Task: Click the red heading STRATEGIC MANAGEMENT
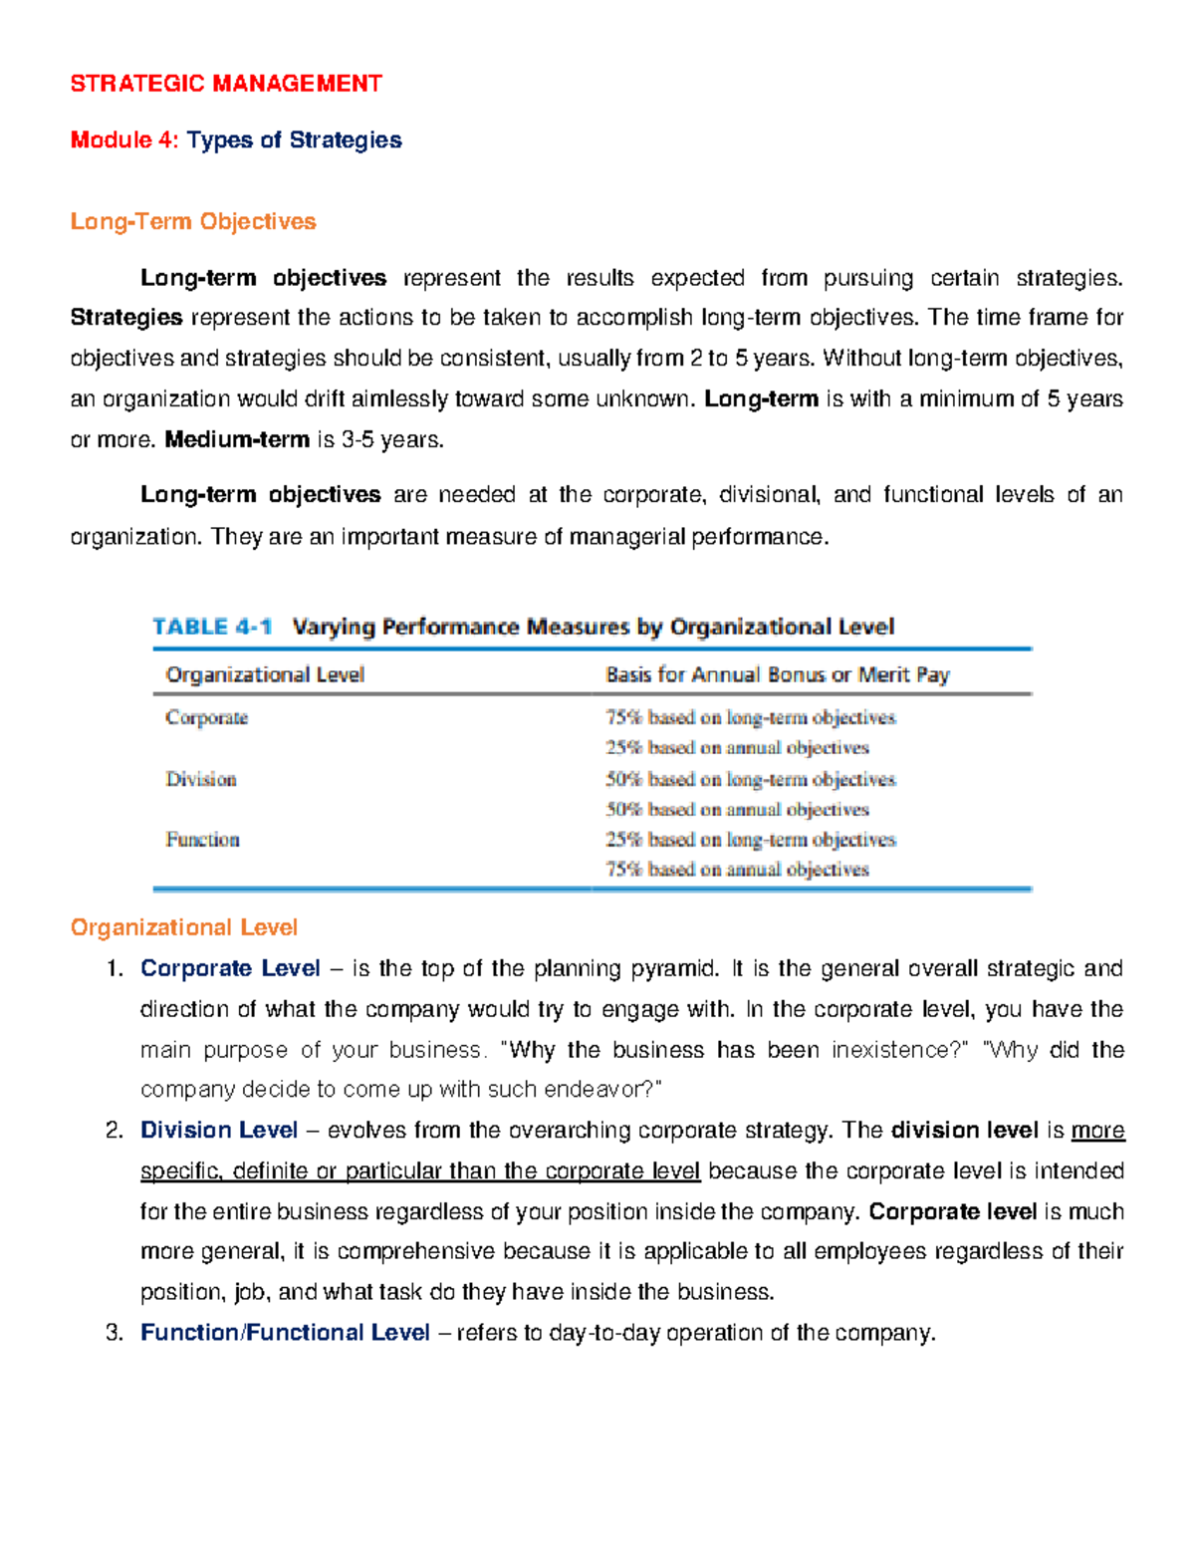pyautogui.click(x=226, y=84)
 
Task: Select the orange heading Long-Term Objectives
pyautogui.click(x=193, y=221)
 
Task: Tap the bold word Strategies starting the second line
pyautogui.click(x=126, y=318)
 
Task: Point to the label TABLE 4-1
pyautogui.click(x=212, y=627)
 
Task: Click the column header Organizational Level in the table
pyautogui.click(x=265, y=674)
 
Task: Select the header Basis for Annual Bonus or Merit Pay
pyautogui.click(x=777, y=674)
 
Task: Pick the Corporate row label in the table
pyautogui.click(x=206, y=717)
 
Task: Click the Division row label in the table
pyautogui.click(x=200, y=779)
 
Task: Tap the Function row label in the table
pyautogui.click(x=202, y=840)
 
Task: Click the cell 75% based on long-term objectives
pyautogui.click(x=750, y=717)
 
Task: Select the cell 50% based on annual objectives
pyautogui.click(x=737, y=810)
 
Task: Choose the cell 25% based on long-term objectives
pyautogui.click(x=750, y=840)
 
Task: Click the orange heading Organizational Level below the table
pyautogui.click(x=184, y=927)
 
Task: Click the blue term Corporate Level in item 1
pyautogui.click(x=230, y=968)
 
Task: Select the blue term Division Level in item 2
pyautogui.click(x=219, y=1130)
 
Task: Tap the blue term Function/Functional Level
pyautogui.click(x=285, y=1333)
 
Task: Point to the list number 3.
pyautogui.click(x=114, y=1333)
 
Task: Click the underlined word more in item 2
pyautogui.click(x=1097, y=1130)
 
